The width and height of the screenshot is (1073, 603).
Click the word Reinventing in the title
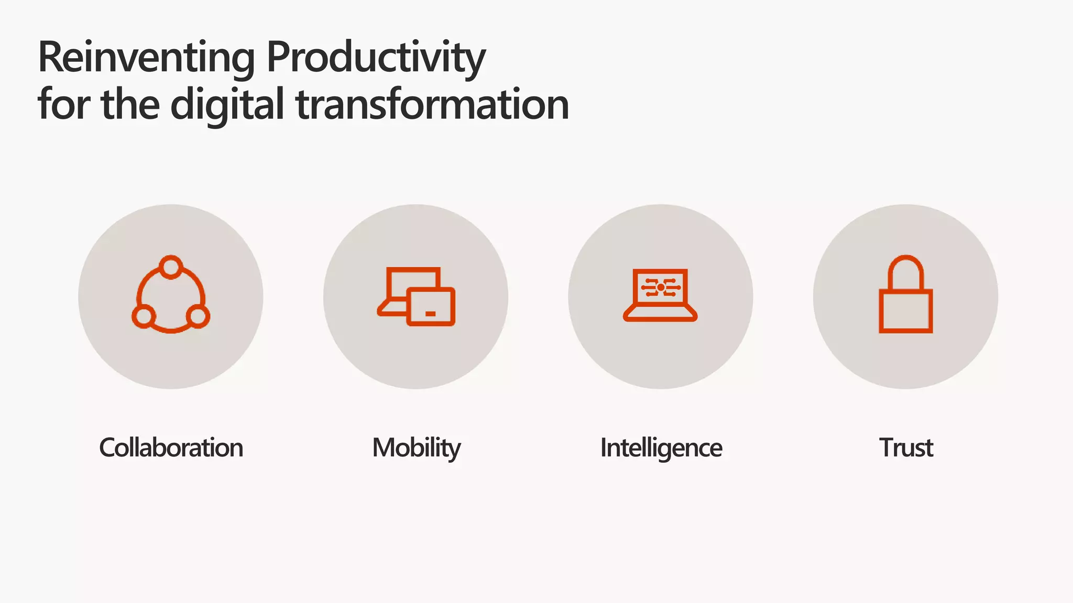[x=146, y=58]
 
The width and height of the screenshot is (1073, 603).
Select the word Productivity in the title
[x=376, y=58]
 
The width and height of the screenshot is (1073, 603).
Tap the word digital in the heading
[x=227, y=105]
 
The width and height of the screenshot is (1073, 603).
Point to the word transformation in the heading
[x=432, y=105]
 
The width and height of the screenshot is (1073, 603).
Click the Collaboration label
[x=171, y=448]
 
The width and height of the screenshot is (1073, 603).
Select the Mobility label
[x=416, y=448]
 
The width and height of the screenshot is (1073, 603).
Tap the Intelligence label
[x=661, y=448]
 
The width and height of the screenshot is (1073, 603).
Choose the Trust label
[x=905, y=448]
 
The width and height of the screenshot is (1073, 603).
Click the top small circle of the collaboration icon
[x=171, y=267]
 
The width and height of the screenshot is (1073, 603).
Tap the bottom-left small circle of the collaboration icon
[x=143, y=317]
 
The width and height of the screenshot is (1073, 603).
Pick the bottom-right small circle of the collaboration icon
[x=198, y=317]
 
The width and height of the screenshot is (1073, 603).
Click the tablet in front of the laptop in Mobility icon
[x=431, y=307]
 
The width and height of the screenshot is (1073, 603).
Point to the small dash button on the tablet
[x=431, y=314]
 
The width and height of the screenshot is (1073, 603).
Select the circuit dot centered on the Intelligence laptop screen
[x=661, y=287]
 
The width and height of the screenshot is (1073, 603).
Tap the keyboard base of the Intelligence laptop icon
[x=660, y=314]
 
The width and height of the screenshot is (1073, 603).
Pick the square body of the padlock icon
[x=905, y=311]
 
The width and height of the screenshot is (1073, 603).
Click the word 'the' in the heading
[x=130, y=105]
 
